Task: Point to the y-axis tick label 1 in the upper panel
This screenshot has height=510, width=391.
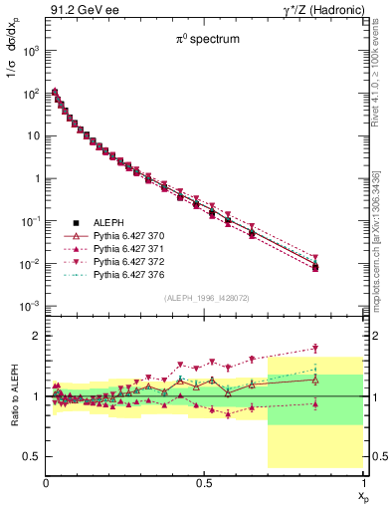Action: point(35,178)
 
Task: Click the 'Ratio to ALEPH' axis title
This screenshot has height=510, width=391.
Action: point(12,396)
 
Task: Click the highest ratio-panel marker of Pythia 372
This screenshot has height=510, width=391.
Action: point(315,348)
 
